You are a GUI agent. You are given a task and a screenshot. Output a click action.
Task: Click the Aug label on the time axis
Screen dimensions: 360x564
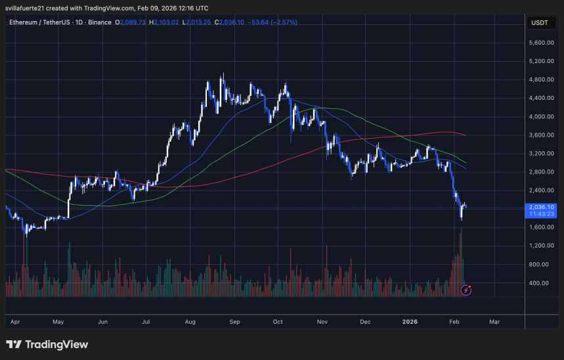[190, 322]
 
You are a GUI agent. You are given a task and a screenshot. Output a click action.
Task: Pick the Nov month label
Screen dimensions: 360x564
[322, 322]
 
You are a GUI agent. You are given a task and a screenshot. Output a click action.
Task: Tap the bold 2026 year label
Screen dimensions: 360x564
[410, 322]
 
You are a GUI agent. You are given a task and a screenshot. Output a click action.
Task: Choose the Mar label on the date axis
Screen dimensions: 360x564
[494, 322]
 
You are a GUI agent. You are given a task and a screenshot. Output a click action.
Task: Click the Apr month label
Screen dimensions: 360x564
[14, 322]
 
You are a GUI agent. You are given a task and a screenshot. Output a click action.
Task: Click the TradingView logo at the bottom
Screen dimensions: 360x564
[47, 344]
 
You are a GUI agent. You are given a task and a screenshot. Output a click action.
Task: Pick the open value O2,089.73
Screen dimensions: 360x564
[131, 22]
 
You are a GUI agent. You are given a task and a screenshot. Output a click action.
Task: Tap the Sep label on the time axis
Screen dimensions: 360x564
[234, 322]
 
